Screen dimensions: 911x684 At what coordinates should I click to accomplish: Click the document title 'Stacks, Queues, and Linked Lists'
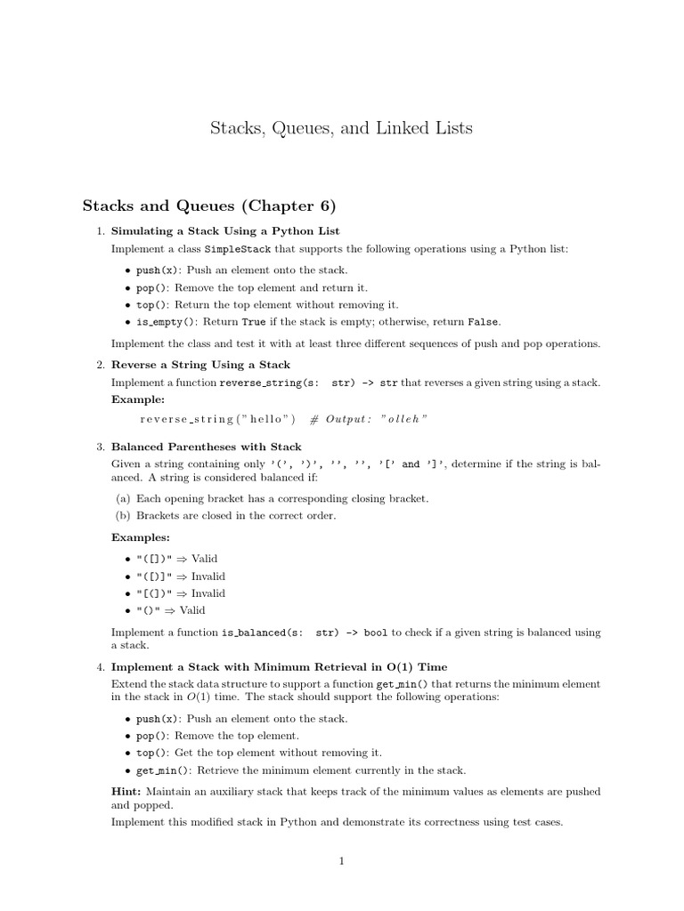(341, 128)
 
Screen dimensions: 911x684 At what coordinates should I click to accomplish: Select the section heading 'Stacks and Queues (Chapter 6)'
(209, 206)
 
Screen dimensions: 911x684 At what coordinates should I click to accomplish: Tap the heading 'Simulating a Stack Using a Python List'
(225, 231)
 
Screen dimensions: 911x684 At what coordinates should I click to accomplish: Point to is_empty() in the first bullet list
(166, 322)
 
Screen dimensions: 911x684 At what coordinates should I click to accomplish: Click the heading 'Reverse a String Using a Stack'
(200, 365)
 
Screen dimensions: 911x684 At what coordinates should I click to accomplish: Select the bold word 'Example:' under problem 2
(138, 400)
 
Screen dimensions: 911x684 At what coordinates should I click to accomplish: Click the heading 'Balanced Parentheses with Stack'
(206, 447)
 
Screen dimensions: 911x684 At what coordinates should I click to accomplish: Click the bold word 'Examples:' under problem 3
(141, 537)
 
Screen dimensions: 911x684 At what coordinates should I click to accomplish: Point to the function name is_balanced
(254, 633)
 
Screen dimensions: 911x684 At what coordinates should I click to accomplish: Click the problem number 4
(101, 667)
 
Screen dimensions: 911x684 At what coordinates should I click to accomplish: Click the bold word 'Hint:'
(126, 791)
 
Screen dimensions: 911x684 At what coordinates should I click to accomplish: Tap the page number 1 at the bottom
(341, 861)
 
